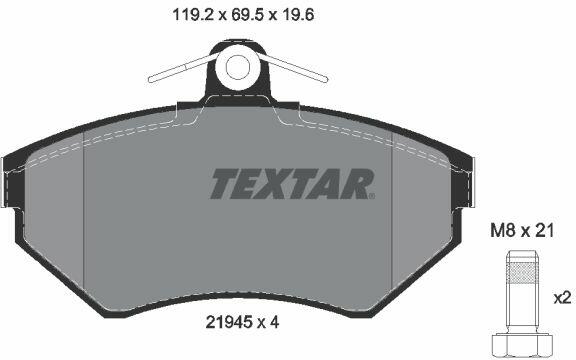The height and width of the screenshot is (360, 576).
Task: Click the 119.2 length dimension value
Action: click(x=193, y=15)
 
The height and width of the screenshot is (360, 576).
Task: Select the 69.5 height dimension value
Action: click(x=246, y=15)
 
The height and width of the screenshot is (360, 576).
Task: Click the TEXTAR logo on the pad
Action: click(x=292, y=184)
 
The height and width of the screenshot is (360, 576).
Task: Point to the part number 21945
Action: click(x=229, y=323)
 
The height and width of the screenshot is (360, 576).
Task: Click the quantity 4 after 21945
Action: click(x=274, y=323)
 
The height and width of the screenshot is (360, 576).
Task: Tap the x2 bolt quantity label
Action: click(x=562, y=298)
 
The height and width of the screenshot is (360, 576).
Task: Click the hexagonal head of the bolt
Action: click(x=522, y=346)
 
